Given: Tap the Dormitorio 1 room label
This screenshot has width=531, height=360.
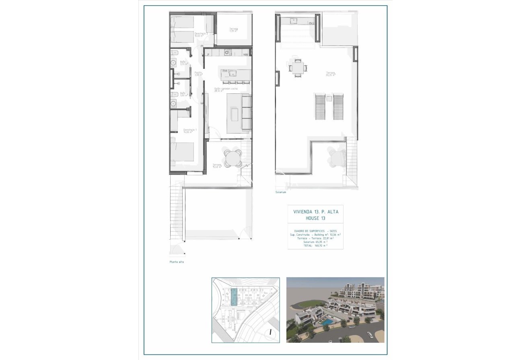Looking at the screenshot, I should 189,130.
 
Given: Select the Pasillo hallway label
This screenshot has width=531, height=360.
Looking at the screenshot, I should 198,74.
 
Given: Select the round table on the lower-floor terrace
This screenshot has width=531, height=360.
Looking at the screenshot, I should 233,158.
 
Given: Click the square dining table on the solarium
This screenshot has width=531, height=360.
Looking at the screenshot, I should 298,68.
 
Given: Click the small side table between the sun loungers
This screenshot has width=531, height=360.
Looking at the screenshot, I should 329,99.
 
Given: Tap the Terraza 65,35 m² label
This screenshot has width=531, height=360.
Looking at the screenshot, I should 331,74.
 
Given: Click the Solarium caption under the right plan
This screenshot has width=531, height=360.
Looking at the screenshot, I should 281,192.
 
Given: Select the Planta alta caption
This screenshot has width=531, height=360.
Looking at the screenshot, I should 177,262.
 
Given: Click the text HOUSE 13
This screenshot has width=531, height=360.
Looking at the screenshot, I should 315,218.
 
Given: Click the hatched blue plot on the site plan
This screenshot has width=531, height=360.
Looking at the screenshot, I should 233,298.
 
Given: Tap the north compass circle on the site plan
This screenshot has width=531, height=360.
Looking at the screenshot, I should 271,332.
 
